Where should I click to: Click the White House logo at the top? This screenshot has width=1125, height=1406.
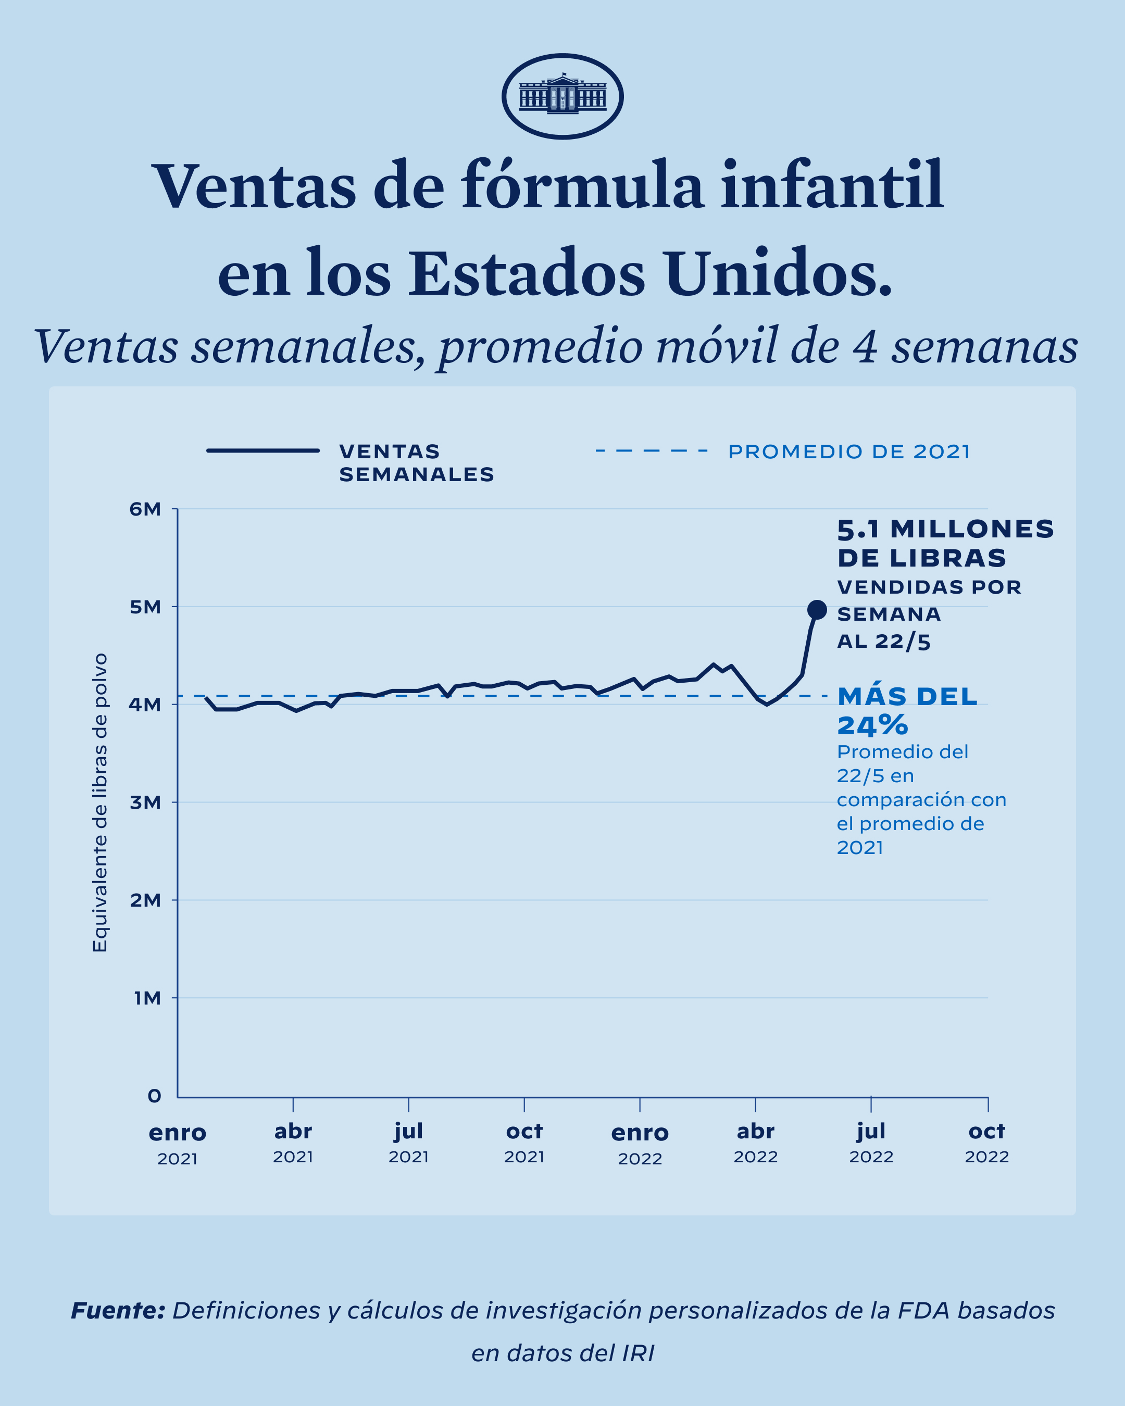point(562,96)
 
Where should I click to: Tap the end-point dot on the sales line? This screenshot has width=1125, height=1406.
point(817,610)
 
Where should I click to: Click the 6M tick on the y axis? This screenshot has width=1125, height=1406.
point(145,509)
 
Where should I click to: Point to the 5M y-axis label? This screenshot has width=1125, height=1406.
point(145,607)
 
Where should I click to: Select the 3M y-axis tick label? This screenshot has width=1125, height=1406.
point(145,803)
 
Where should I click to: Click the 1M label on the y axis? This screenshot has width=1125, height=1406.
point(147,998)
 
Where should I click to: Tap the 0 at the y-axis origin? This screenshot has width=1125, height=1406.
point(154,1096)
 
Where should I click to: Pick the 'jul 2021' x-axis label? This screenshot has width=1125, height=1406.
point(408,1142)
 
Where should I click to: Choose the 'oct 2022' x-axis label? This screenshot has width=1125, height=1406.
point(987,1142)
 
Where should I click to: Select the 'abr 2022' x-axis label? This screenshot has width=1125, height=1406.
point(755,1142)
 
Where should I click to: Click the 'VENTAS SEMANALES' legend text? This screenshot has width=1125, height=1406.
point(416,462)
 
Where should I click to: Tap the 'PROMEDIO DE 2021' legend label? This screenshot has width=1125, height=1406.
point(849,451)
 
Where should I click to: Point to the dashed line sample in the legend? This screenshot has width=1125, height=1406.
point(652,450)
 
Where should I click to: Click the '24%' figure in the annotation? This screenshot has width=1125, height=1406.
point(872,725)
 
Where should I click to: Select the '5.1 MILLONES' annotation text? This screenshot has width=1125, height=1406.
point(945,529)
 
